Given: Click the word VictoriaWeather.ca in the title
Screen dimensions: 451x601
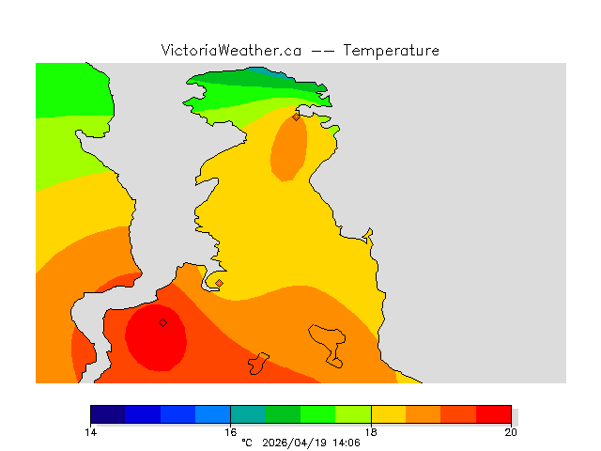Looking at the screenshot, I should (231, 51).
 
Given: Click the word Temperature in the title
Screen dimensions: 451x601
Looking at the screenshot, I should (391, 51).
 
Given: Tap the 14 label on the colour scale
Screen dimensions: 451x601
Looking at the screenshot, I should (91, 432).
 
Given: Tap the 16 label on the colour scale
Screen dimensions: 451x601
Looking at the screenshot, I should (231, 432).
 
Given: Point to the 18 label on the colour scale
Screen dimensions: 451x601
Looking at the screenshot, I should (371, 432).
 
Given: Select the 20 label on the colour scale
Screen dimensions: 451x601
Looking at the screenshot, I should (511, 432).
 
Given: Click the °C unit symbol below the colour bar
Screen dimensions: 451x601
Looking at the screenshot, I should (247, 443).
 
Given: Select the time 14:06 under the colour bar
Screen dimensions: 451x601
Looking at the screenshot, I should (347, 443).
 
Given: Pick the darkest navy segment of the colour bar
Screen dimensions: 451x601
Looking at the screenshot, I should (108, 413).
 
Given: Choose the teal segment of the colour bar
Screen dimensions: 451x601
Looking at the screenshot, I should (248, 413).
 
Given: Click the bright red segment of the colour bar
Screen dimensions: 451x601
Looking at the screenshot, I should (493, 413).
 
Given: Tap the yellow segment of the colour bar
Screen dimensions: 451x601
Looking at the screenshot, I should (388, 413).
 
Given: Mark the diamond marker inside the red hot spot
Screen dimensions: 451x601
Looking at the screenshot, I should (162, 322).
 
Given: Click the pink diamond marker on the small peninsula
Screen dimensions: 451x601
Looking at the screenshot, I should (219, 283).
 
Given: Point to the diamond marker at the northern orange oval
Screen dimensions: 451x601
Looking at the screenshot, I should (296, 117).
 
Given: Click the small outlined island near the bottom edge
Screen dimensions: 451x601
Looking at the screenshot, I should (259, 363).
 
